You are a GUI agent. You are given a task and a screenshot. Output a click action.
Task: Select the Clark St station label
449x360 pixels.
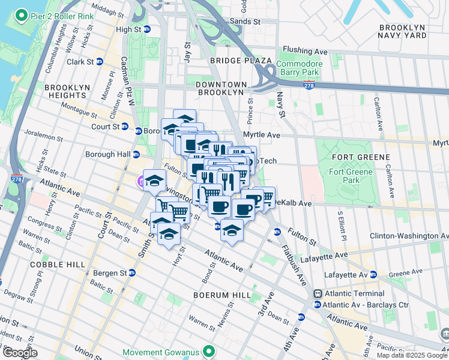[x=80, y=61]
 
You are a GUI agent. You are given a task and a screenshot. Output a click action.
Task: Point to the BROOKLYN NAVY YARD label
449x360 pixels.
[x=402, y=31]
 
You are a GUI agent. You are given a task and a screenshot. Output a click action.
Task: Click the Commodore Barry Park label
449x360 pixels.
[x=299, y=68]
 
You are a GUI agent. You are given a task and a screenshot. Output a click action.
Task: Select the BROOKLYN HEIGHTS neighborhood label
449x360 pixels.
[x=66, y=91]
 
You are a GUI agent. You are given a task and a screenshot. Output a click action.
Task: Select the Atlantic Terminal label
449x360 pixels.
[x=354, y=293]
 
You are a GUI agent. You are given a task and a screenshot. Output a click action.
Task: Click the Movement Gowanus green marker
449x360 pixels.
[x=209, y=351]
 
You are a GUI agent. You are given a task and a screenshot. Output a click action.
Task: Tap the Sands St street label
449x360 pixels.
[x=245, y=21]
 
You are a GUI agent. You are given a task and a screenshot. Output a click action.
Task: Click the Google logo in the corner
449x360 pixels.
[x=20, y=353]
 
